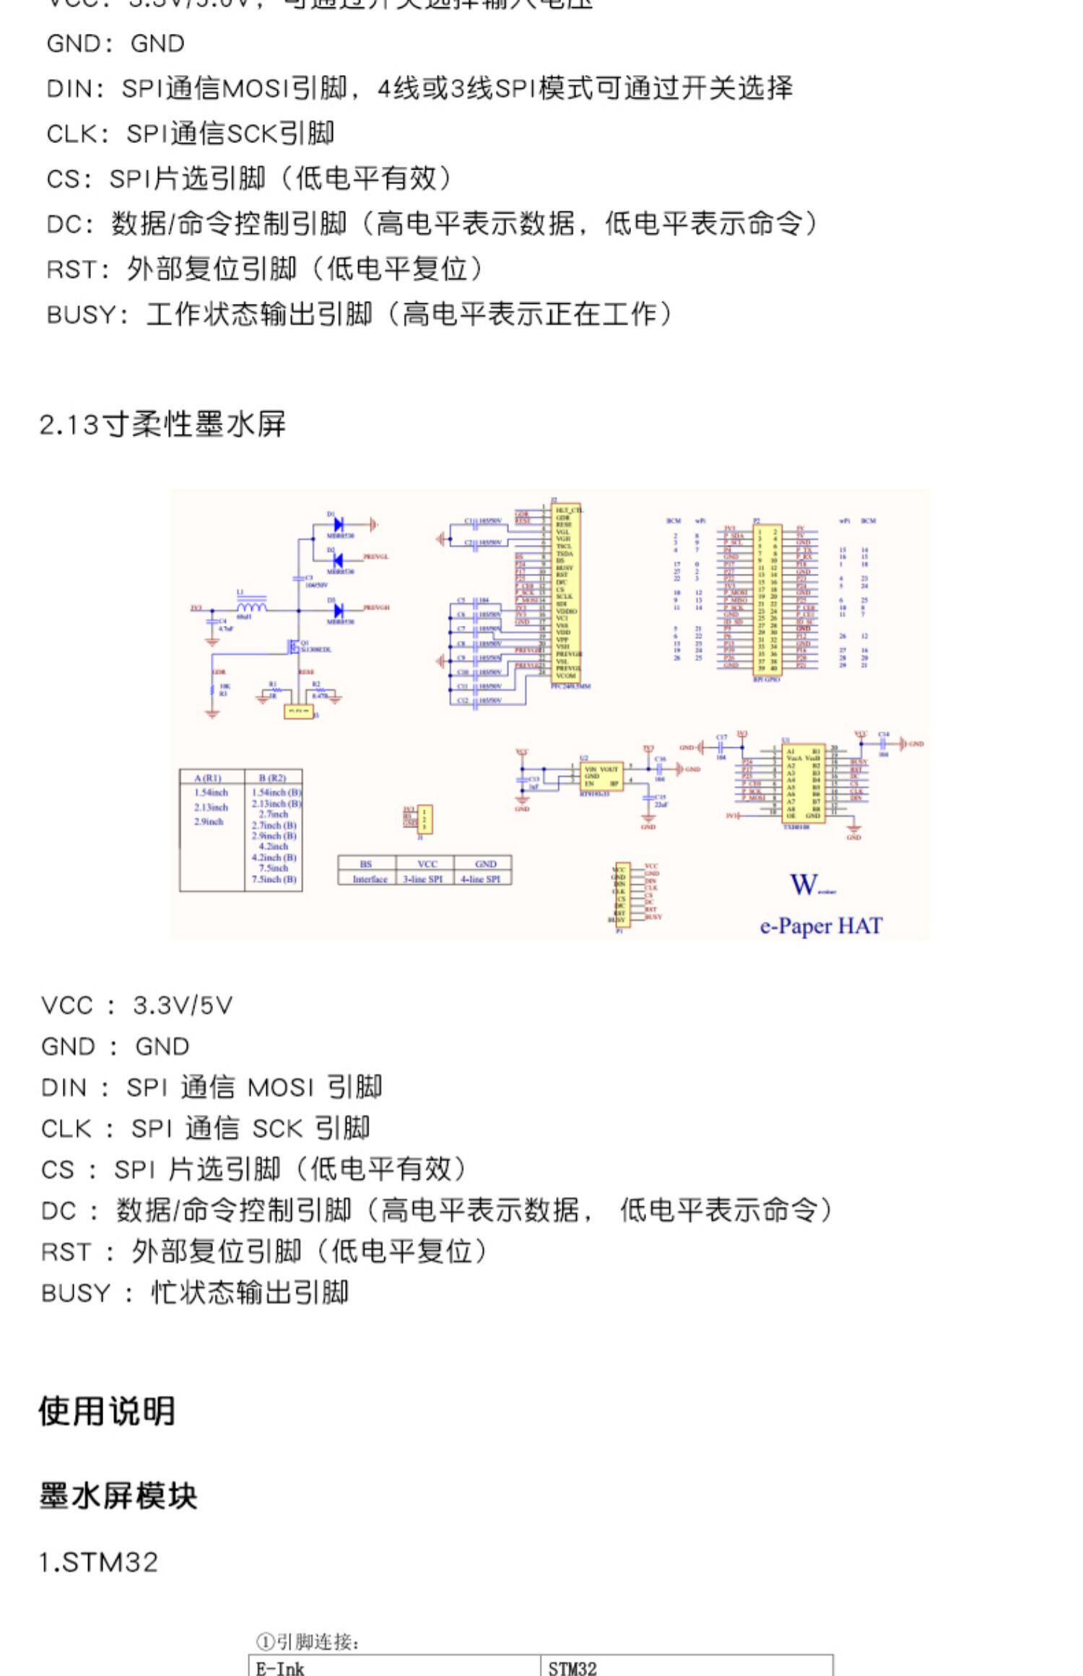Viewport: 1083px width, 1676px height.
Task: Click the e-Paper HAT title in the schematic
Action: pyautogui.click(x=820, y=925)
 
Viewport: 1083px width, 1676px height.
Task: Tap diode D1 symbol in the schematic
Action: pyautogui.click(x=337, y=525)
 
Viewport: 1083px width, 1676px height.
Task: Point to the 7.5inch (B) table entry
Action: pyautogui.click(x=274, y=879)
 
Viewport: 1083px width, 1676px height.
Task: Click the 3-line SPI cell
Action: pyautogui.click(x=423, y=879)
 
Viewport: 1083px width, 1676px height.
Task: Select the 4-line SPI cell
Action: pyautogui.click(x=481, y=879)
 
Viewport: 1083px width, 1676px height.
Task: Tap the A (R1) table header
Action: pyautogui.click(x=209, y=777)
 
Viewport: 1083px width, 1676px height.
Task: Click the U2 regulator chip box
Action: pyautogui.click(x=601, y=777)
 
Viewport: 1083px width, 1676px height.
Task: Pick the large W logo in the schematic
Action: pyautogui.click(x=804, y=884)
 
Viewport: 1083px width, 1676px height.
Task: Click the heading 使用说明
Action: pyautogui.click(x=107, y=1410)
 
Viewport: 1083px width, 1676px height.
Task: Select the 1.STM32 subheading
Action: pyautogui.click(x=98, y=1563)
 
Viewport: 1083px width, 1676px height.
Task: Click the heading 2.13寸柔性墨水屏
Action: pyautogui.click(x=162, y=424)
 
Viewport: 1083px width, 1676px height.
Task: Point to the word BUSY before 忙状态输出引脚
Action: pyautogui.click(x=76, y=1293)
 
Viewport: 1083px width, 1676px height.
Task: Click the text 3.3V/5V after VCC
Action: pyautogui.click(x=183, y=1005)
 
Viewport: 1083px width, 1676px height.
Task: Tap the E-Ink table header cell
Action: pyautogui.click(x=280, y=1668)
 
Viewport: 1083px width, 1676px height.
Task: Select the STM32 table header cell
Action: pyautogui.click(x=572, y=1668)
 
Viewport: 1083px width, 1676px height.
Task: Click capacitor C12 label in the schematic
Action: pyautogui.click(x=463, y=700)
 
